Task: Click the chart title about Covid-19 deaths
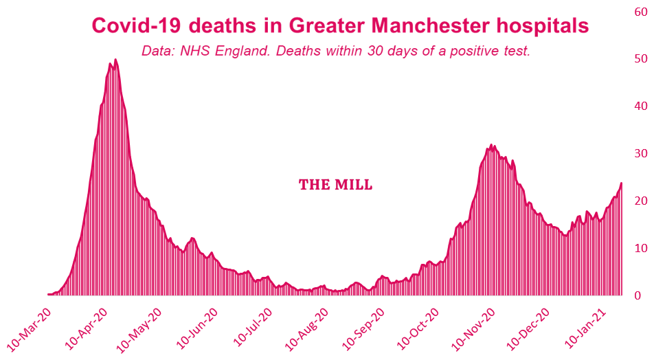point(340,25)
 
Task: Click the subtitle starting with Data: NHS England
point(336,52)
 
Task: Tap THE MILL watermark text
point(336,185)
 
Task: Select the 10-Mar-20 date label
point(30,328)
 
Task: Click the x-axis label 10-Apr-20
point(88,328)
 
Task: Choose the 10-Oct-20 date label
point(422,328)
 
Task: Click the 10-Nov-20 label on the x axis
point(479,328)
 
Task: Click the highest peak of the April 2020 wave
point(115,60)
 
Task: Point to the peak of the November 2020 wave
point(491,145)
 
